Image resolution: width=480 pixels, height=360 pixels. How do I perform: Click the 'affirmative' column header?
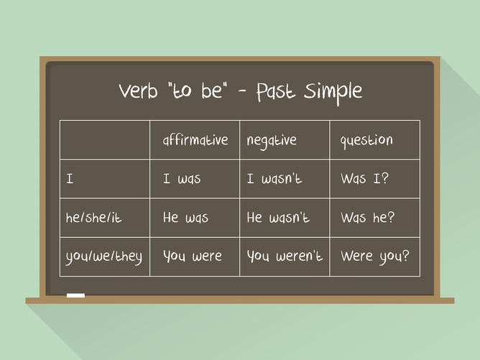coord(195,140)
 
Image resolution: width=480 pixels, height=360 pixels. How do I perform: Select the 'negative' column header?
coord(272,141)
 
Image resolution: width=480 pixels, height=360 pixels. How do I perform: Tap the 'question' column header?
coord(366,141)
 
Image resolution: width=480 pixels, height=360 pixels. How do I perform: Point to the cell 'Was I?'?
coord(364,179)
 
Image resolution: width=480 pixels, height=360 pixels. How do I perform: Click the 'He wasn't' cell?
coord(278,218)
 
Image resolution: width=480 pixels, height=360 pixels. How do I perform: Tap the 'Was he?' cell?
coord(367,218)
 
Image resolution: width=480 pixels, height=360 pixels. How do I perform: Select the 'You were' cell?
coord(193,256)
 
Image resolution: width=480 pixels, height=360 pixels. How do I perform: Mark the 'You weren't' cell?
coord(285,256)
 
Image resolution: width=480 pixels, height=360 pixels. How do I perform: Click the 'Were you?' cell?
coord(374,256)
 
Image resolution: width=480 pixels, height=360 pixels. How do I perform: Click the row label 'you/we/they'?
coord(105,257)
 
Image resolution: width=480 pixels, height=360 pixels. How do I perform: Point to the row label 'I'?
coord(70,179)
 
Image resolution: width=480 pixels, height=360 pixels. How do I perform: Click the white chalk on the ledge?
coord(75,295)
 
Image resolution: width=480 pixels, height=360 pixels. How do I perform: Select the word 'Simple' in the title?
coord(333,91)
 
